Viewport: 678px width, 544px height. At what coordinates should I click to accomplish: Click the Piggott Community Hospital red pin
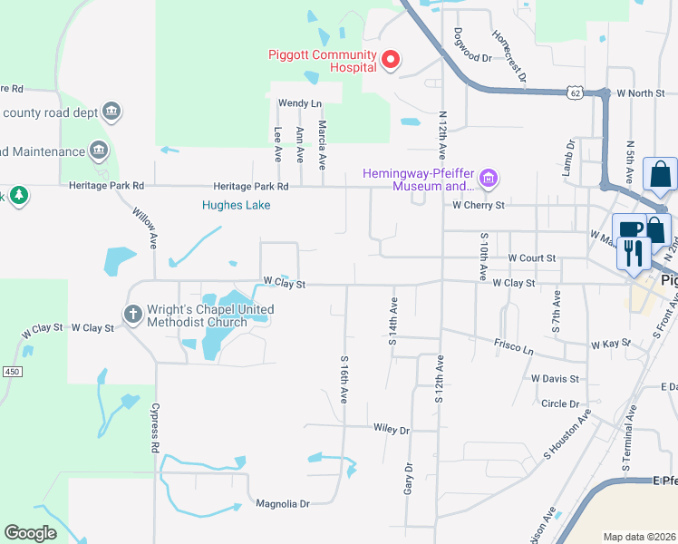coord(392,60)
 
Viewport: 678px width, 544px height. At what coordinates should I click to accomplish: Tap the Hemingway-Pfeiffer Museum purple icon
coord(489,179)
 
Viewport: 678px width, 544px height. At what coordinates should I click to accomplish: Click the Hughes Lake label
coord(236,205)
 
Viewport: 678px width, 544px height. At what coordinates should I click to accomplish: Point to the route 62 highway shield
coord(576,92)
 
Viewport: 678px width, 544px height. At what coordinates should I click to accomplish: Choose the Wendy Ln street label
coord(300,103)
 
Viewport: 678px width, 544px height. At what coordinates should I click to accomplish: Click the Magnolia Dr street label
coord(283,503)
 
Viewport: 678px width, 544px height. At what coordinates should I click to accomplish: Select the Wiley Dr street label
coord(392,430)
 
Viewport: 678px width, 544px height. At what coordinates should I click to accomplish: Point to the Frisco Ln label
coord(513,345)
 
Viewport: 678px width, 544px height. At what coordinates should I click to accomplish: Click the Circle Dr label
coord(559,403)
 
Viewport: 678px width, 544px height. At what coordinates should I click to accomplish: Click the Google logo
coord(31,532)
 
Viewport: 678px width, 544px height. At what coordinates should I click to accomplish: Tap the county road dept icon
coord(112,112)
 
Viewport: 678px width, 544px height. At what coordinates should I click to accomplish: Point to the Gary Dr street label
coord(408,480)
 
